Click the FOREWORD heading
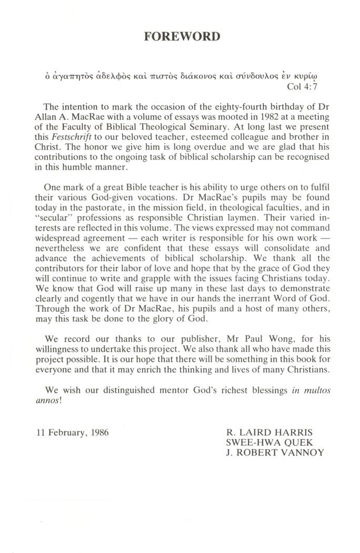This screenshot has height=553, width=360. tap(182, 37)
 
